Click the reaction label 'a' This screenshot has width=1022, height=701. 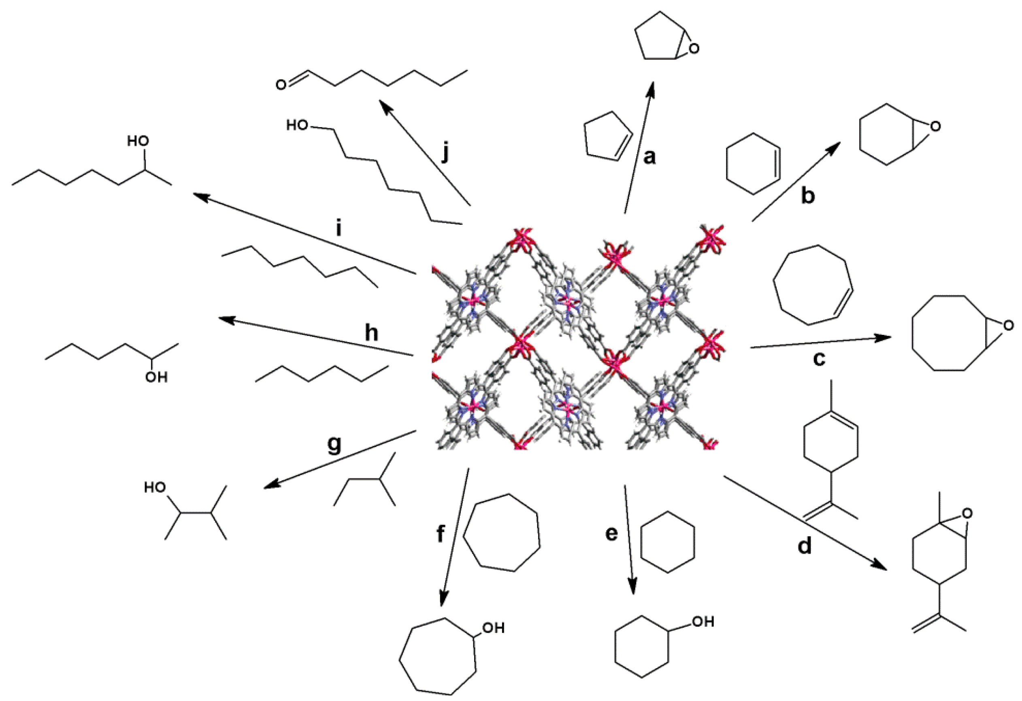649,157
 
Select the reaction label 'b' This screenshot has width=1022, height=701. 808,196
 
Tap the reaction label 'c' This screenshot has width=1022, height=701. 818,358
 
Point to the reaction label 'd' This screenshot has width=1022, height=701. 804,547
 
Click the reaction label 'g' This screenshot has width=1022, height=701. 334,444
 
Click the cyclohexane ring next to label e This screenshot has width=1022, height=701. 668,541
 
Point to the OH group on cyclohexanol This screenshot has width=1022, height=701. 703,621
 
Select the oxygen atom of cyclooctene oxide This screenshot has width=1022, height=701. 1008,326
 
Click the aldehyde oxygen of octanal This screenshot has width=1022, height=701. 281,85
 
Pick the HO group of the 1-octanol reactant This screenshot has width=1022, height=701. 297,125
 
